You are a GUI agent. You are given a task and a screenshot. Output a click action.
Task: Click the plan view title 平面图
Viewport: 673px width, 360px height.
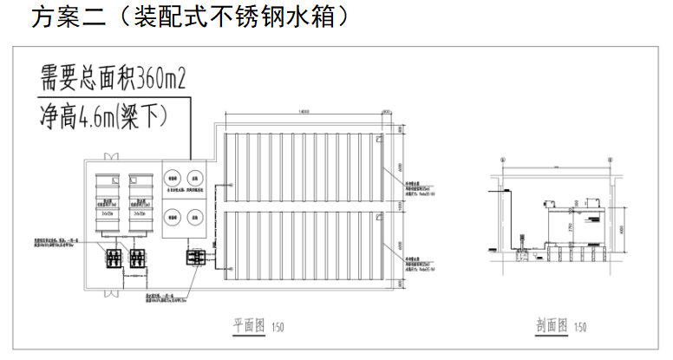click(x=248, y=326)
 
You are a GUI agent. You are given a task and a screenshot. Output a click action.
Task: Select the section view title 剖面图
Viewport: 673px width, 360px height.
click(x=552, y=326)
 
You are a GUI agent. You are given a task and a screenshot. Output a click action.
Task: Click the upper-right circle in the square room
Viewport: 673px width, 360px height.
click(x=196, y=176)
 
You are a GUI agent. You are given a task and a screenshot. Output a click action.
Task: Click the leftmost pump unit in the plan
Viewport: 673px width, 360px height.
click(x=112, y=258)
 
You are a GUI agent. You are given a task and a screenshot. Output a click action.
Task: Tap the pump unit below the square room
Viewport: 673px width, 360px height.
click(x=193, y=257)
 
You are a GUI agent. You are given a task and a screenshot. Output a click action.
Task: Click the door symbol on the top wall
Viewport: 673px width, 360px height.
click(x=107, y=157)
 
